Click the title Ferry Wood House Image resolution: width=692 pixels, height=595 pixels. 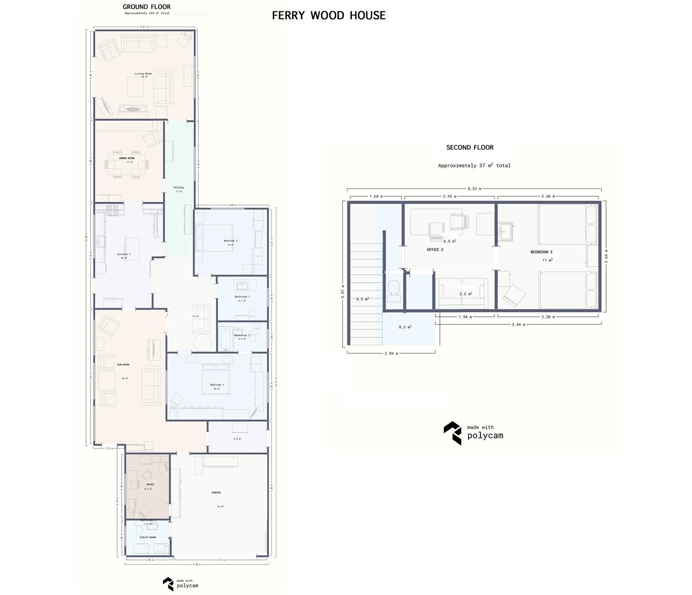pos(329,15)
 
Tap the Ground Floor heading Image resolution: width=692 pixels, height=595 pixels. pos(146,7)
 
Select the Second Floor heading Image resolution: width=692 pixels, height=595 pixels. pos(470,147)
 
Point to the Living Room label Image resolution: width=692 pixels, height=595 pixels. pos(143,73)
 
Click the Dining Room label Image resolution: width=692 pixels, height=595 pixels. pos(127,158)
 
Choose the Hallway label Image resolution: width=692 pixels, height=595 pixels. pos(179,187)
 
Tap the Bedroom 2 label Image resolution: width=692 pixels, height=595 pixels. pos(230,241)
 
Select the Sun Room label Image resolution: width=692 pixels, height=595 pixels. pos(123,364)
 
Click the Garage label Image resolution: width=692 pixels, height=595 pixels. pos(216,493)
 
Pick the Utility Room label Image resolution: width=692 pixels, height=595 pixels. pos(148,537)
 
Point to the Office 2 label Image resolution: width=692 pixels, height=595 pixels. pos(435,250)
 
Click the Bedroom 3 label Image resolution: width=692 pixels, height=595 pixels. pos(541,252)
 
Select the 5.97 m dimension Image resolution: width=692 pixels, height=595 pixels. pos(342,291)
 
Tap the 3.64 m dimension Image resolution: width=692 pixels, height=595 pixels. pos(606,256)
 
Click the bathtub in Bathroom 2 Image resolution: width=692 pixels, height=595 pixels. pos(226,338)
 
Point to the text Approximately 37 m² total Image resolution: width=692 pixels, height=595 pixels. pos(474,165)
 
